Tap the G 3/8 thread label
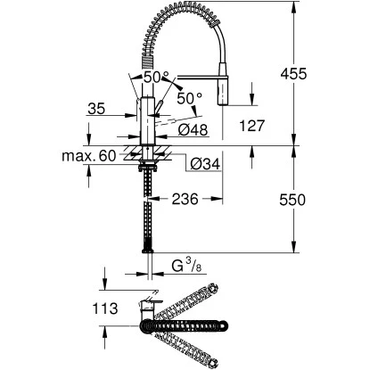click(x=188, y=264)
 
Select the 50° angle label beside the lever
click(x=190, y=95)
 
